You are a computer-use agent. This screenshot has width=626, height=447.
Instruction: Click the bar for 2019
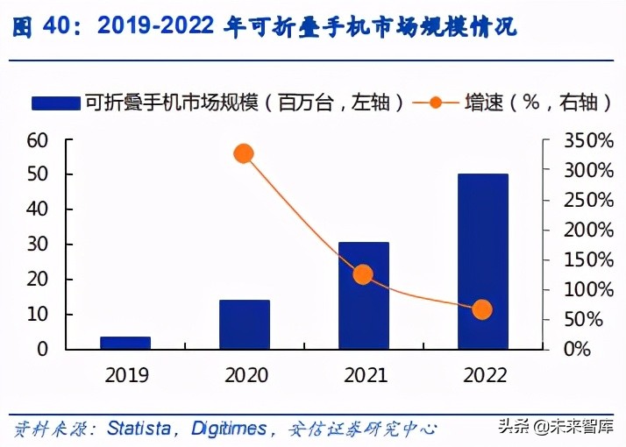coord(125,343)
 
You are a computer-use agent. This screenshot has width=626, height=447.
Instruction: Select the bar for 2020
coord(245,324)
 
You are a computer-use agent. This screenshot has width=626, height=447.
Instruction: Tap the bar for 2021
coord(363,295)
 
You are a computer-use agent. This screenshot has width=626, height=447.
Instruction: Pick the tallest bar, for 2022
coord(482,261)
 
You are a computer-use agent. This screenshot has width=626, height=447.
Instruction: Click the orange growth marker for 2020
coord(244,154)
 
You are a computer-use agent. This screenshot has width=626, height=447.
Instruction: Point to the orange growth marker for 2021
coord(363,274)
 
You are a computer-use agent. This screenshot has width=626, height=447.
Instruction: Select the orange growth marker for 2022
coord(482,309)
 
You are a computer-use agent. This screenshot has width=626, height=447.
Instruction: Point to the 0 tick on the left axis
coord(42,349)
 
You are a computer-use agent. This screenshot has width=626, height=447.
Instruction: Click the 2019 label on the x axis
coord(125,375)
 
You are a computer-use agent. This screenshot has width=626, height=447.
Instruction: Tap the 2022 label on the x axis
coord(482,375)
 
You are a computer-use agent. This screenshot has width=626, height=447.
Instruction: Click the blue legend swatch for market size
coord(56,103)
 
